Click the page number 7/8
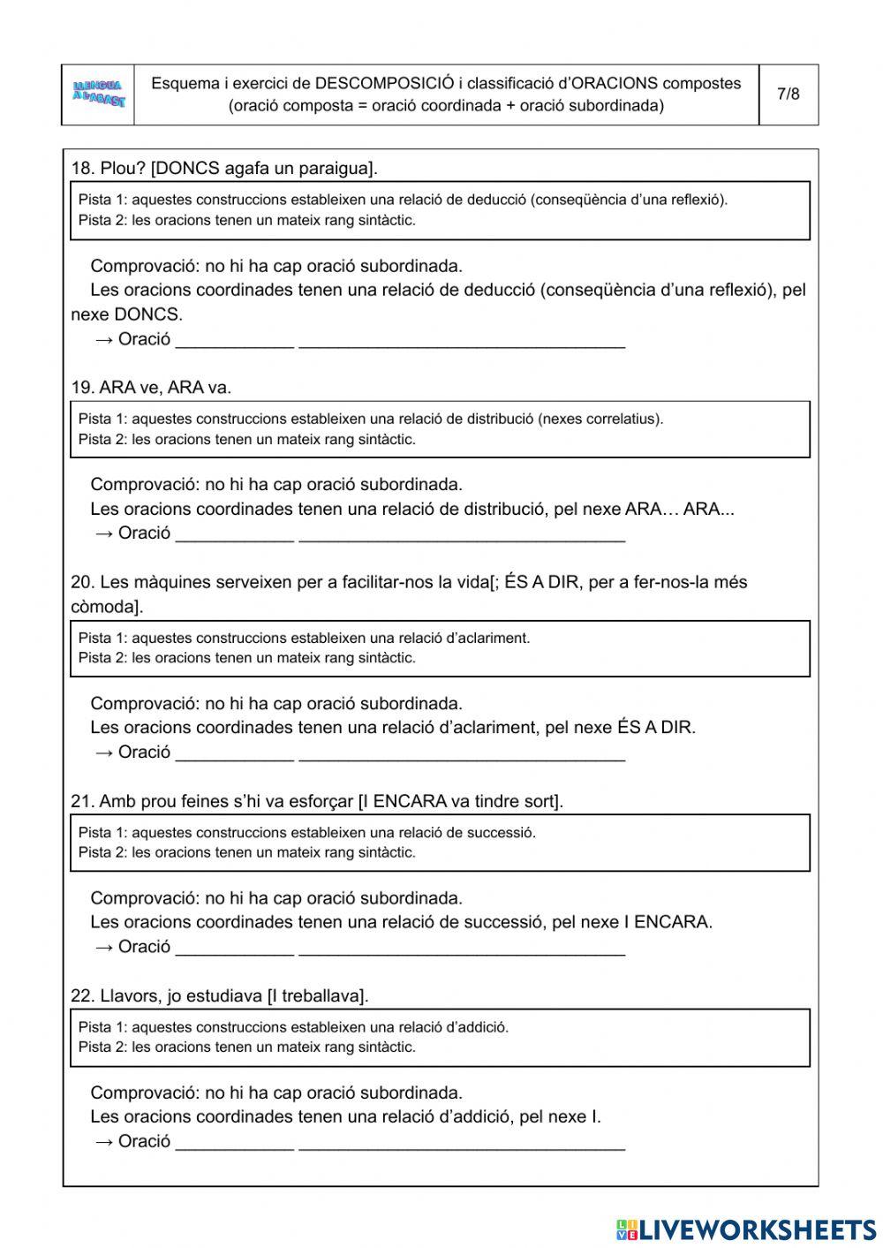[788, 94]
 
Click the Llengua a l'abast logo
[99, 95]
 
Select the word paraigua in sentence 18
[338, 168]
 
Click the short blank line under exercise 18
[234, 344]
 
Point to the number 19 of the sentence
[81, 387]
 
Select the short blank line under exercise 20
[234, 756]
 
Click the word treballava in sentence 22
[322, 995]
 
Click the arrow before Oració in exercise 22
[103, 1141]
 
